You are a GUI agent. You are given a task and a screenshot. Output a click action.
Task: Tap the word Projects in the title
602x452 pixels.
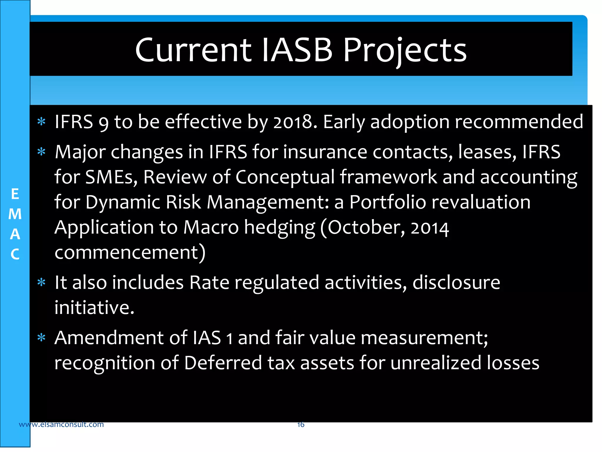[405, 51]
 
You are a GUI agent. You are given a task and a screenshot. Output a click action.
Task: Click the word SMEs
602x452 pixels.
[111, 177]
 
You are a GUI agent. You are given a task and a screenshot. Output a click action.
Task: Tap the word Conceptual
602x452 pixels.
[285, 178]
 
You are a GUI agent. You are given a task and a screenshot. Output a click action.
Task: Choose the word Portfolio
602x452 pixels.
[388, 202]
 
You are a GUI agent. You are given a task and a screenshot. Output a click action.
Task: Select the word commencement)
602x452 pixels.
[130, 252]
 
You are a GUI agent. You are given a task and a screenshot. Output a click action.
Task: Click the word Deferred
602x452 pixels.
[223, 363]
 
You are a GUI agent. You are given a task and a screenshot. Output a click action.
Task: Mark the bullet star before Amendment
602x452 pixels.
[41, 338]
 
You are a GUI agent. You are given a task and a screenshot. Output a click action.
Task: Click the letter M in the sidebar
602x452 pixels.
[15, 214]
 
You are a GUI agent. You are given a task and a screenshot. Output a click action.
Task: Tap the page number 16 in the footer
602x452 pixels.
[301, 424]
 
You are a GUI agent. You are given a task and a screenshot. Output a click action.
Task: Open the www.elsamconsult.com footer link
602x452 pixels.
[61, 424]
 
